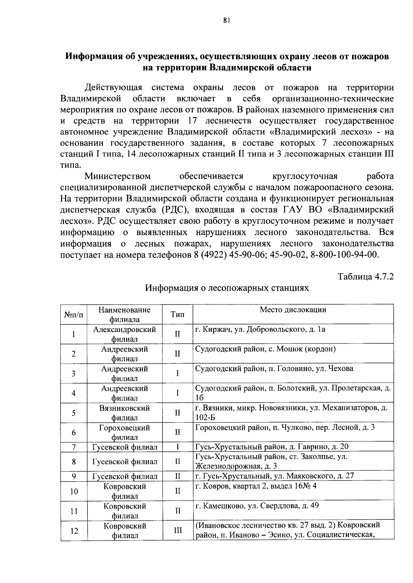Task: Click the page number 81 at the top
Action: click(x=226, y=20)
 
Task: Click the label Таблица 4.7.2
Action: click(x=366, y=277)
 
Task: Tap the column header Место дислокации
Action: click(x=293, y=309)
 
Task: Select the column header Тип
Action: click(x=178, y=314)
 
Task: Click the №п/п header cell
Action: click(x=74, y=314)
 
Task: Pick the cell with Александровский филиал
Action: click(x=125, y=334)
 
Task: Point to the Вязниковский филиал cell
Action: click(x=125, y=413)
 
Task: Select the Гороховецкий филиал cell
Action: click(x=125, y=432)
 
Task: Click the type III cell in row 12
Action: click(x=178, y=531)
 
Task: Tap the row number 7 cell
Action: click(x=74, y=447)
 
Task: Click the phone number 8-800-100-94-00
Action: click(x=344, y=255)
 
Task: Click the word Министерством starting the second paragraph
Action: click(x=118, y=176)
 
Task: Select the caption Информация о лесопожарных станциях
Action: click(x=227, y=288)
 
